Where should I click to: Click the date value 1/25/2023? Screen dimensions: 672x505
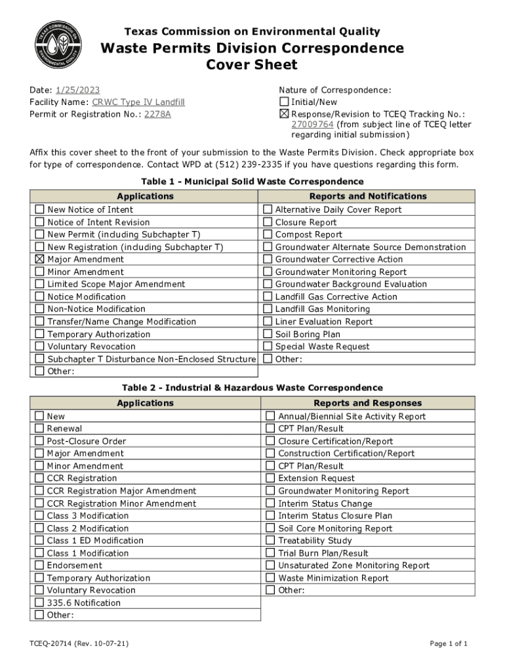[x=77, y=90]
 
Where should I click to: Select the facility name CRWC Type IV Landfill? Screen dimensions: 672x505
[x=138, y=102]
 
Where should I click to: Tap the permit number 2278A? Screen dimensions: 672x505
[x=157, y=114]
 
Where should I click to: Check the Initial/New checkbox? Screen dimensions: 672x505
[x=284, y=102]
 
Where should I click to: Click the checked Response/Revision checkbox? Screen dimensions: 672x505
[x=284, y=114]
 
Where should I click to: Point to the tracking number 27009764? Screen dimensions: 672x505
[x=312, y=124]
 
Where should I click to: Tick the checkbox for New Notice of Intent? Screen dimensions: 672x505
[x=39, y=209]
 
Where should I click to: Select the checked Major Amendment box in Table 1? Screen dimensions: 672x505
[x=39, y=259]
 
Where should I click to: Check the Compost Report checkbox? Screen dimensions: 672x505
[x=268, y=234]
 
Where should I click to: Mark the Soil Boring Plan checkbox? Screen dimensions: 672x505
[x=268, y=334]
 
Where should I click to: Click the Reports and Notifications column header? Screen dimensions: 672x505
[x=367, y=196]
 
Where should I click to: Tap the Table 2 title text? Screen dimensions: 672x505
[x=252, y=388]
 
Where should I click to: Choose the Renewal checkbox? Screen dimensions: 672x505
[x=39, y=429]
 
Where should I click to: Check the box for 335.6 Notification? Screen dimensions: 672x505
[x=39, y=602]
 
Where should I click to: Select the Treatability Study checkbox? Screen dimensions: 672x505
[x=270, y=541]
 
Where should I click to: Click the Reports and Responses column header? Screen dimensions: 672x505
[x=367, y=403]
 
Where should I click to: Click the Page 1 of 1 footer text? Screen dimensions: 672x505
[x=449, y=644]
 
